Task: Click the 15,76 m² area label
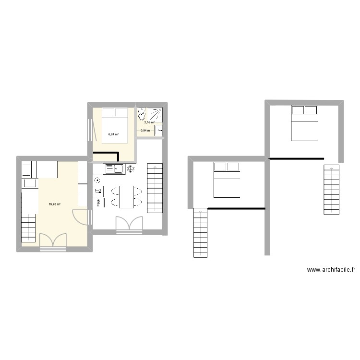pos(54,204)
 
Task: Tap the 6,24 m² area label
pos(113,134)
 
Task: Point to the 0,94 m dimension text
pos(145,130)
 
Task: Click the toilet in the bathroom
pos(142,114)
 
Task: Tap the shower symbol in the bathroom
pos(156,114)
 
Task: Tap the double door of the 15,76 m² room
pos(53,241)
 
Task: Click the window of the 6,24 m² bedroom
pos(89,130)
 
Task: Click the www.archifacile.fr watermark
pos(332,270)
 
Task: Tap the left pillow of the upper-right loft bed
pos(297,111)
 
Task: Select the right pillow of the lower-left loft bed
pos(233,167)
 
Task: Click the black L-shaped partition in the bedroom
pos(107,154)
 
